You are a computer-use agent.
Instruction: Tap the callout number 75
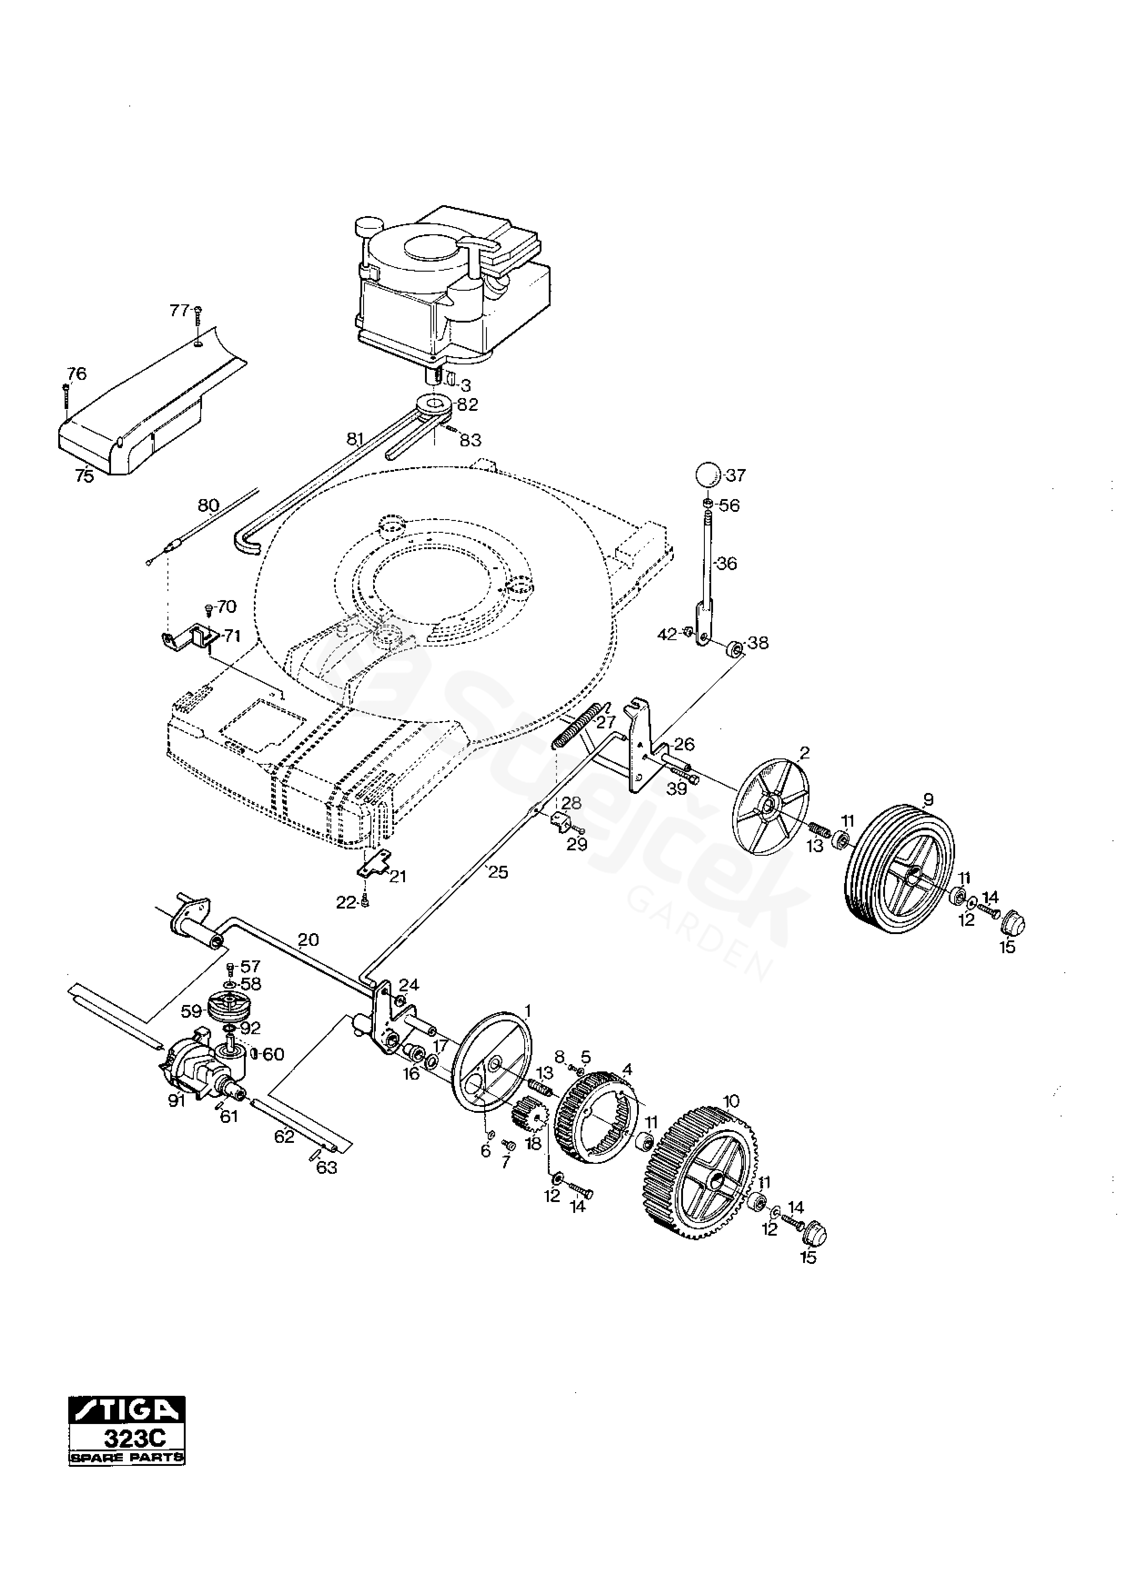(x=84, y=477)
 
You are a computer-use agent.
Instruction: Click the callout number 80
(x=208, y=505)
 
